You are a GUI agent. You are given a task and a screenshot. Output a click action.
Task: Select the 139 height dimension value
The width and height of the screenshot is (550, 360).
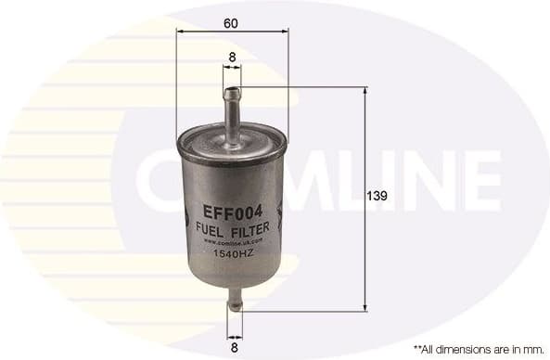[x=376, y=197]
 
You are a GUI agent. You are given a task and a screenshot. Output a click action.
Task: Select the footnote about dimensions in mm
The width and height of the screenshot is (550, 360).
[x=478, y=348]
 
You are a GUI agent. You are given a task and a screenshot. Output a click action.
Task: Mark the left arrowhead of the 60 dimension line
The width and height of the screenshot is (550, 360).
[x=179, y=30]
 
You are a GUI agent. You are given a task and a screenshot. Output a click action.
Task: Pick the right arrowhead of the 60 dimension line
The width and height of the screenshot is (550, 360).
[x=285, y=30]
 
